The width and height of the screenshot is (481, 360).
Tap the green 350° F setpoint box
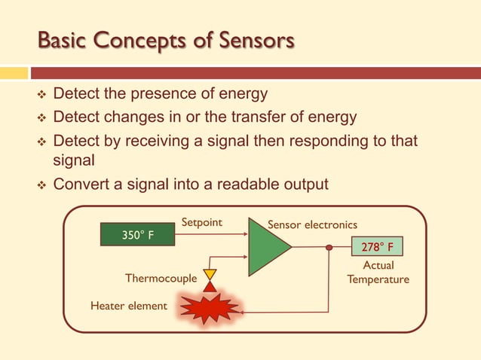click(x=138, y=235)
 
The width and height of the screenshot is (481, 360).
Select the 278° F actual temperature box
click(x=377, y=247)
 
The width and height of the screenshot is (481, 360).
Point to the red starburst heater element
click(x=208, y=309)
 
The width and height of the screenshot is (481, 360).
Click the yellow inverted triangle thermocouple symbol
click(x=210, y=274)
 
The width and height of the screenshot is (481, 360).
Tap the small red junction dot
click(x=329, y=247)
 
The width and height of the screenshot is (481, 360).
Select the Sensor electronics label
click(x=312, y=224)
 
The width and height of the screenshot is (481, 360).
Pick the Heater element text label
click(x=128, y=306)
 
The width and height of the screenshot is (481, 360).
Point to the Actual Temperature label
click(x=378, y=273)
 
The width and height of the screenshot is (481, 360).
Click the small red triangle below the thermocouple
click(x=210, y=286)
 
